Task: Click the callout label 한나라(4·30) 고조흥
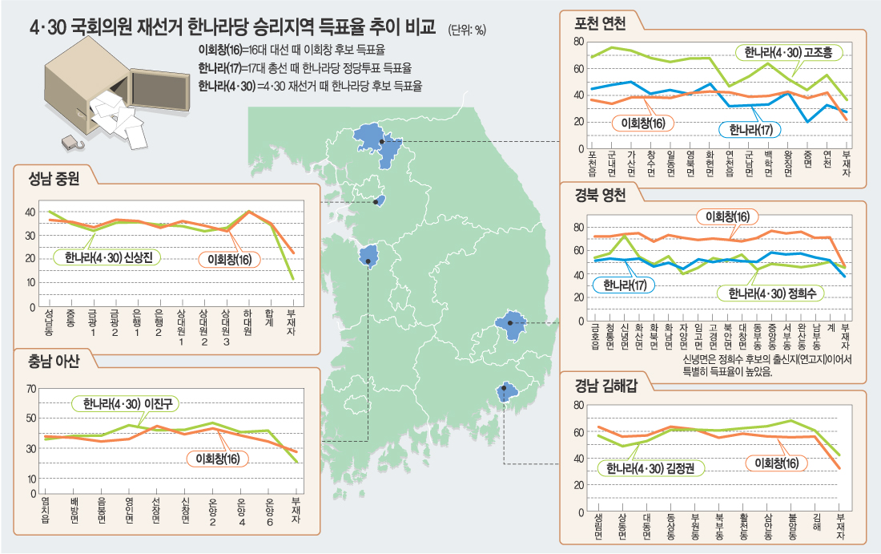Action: pyautogui.click(x=788, y=53)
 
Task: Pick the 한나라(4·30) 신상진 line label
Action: pyautogui.click(x=107, y=257)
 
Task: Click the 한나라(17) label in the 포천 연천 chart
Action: pyautogui.click(x=750, y=128)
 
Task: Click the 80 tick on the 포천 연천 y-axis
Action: pyautogui.click(x=578, y=41)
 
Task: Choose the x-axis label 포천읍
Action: pyautogui.click(x=593, y=164)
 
